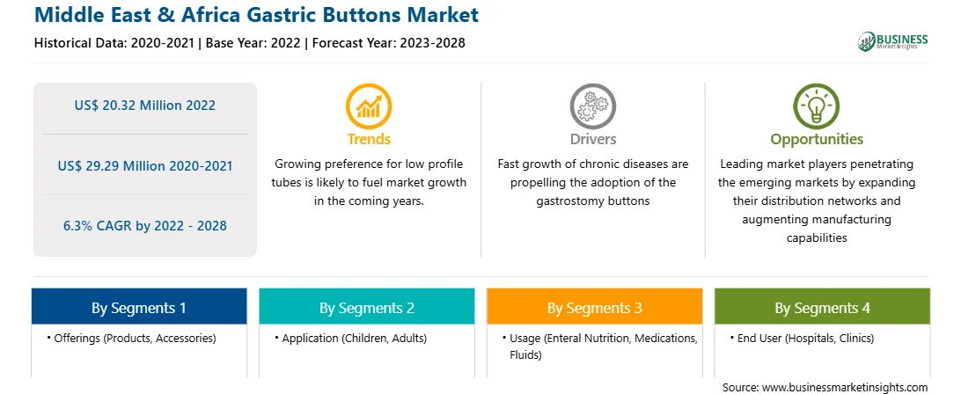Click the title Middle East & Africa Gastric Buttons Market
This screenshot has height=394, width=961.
pos(256,15)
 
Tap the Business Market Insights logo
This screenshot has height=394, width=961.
pos(893,41)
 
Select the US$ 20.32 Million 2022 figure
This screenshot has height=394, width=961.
pos(144,106)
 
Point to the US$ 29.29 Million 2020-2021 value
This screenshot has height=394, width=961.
pos(144,166)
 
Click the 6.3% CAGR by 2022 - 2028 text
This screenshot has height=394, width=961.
pos(144,226)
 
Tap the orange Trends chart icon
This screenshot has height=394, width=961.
pos(369,106)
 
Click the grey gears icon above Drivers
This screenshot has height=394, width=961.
pos(592,106)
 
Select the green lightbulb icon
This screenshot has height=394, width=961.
pos(817,106)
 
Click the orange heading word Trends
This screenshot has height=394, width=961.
pos(369,139)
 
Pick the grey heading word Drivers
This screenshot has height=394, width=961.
pos(592,139)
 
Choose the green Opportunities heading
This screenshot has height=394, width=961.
pos(817,140)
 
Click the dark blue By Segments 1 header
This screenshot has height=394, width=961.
pos(139,307)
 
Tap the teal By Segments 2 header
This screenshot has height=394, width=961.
pos(367,307)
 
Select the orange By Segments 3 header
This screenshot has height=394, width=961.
pos(595,307)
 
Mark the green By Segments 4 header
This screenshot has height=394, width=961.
pos(823,307)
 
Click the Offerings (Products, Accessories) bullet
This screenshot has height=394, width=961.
pos(131,339)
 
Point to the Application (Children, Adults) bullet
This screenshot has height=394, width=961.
pos(350,339)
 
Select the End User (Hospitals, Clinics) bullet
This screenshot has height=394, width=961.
pos(802,339)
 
